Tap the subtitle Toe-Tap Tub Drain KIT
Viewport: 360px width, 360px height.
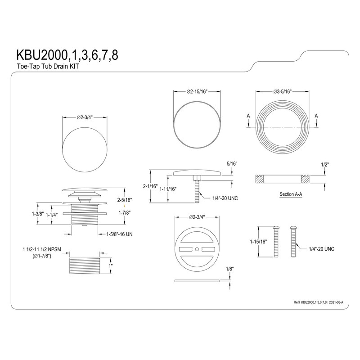pos(42,66)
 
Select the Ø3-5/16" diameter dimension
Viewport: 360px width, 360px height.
pos(283,91)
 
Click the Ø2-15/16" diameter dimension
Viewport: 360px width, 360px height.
pos(198,91)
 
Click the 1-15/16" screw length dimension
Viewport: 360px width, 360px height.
pos(257,241)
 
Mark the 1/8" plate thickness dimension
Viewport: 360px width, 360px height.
pos(229,269)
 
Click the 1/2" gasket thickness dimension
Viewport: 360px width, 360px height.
pos(325,165)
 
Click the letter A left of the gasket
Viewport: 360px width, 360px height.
pos(249,116)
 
